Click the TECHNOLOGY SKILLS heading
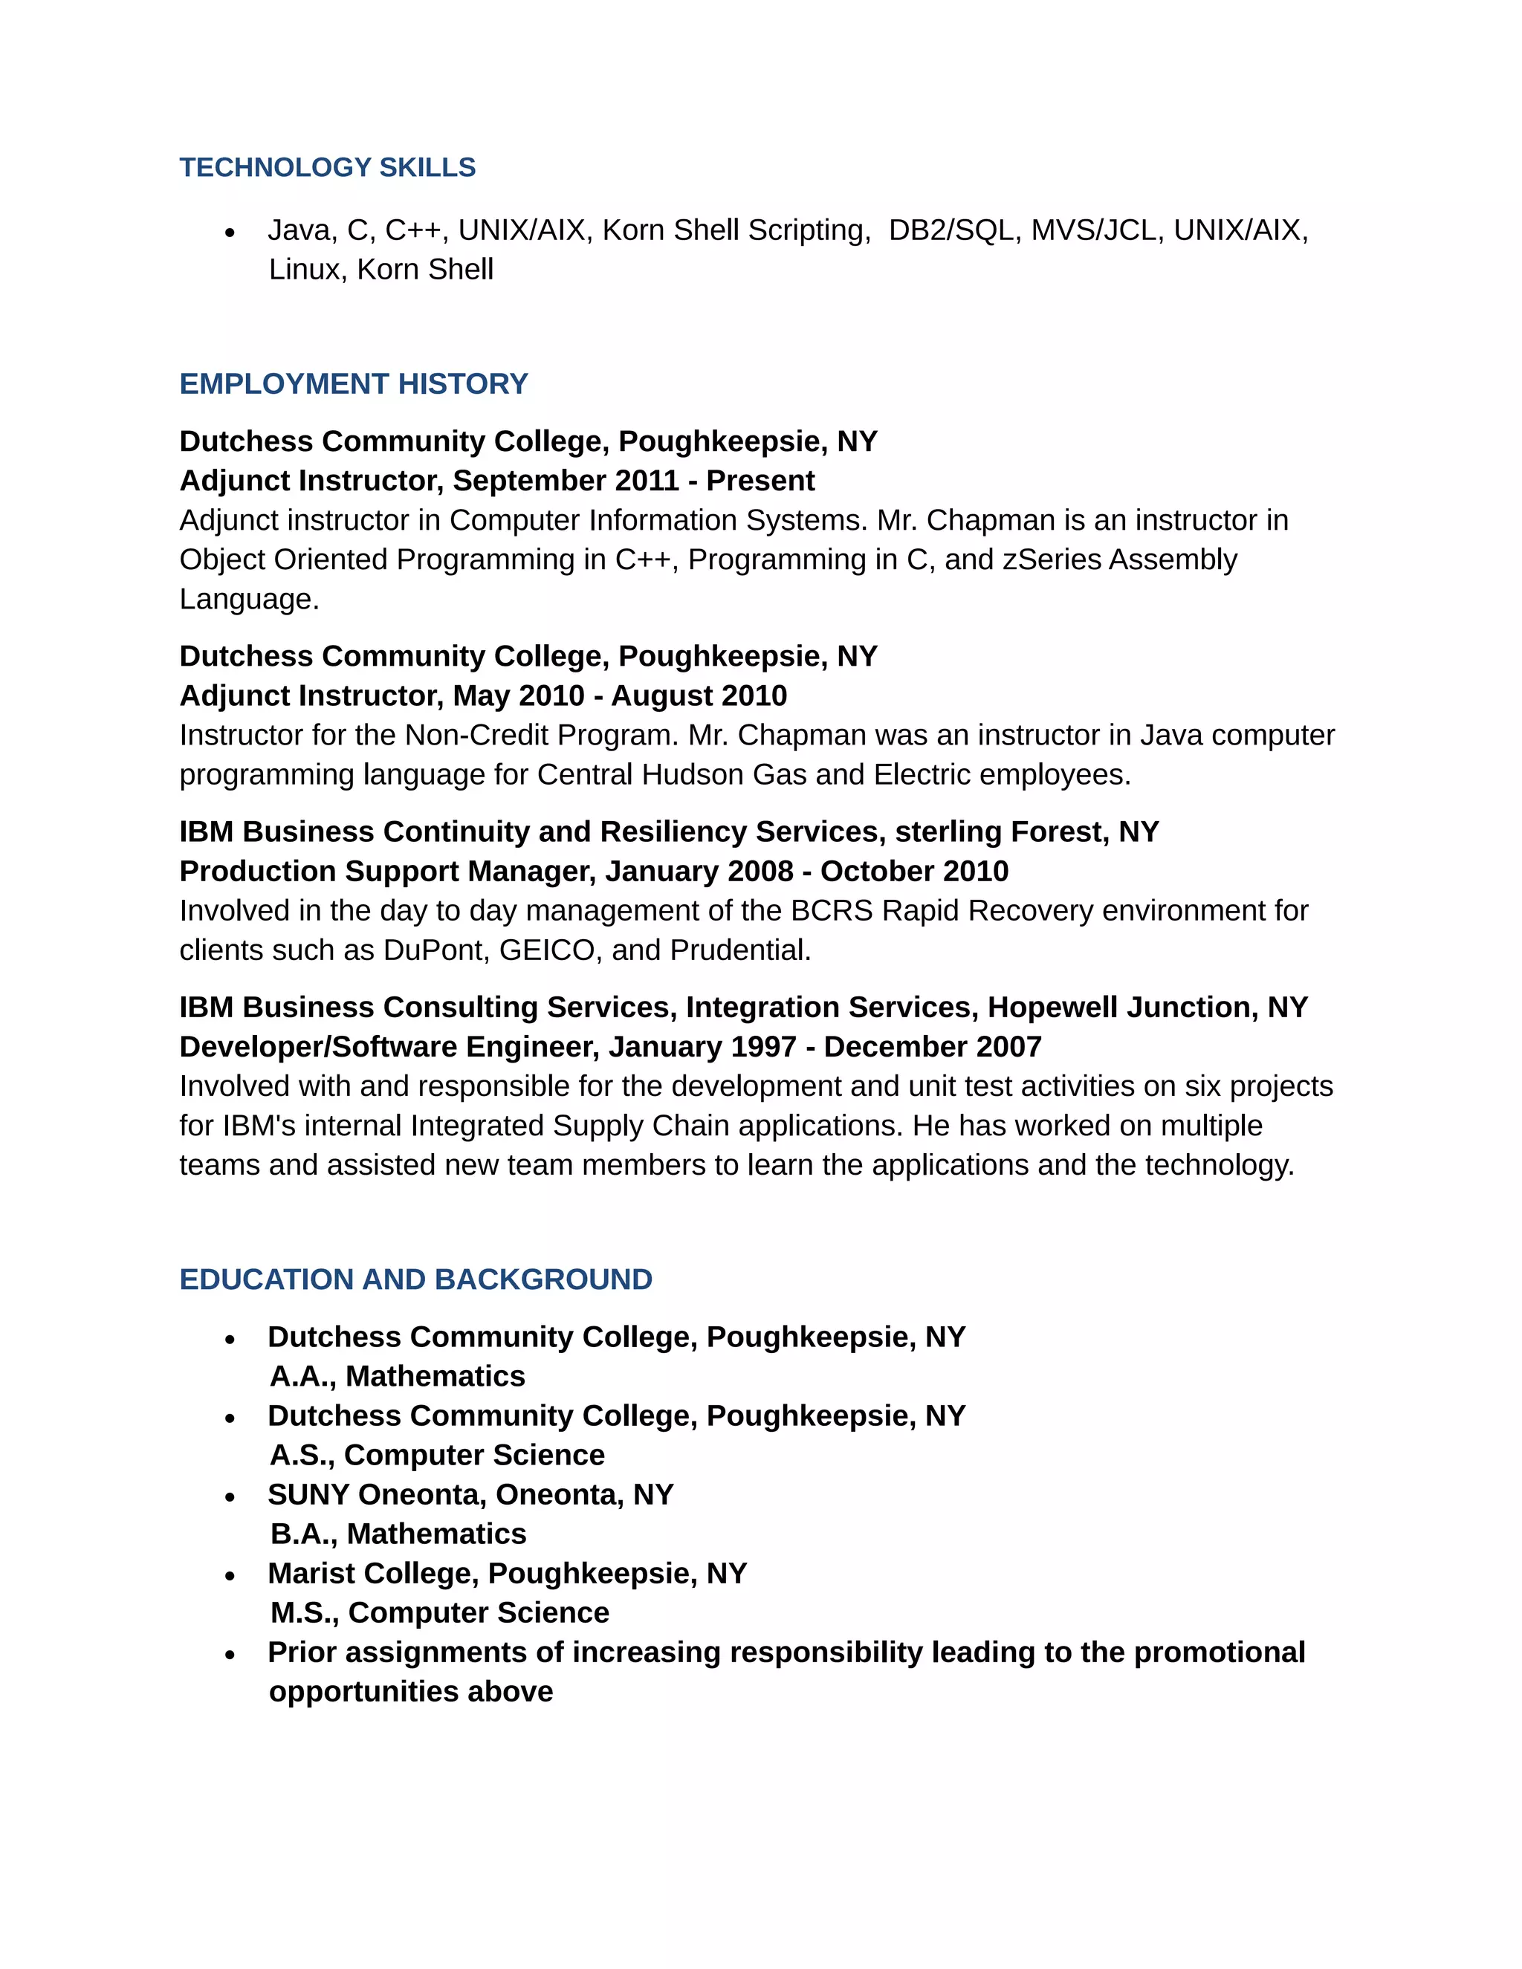point(327,168)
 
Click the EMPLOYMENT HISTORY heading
point(354,384)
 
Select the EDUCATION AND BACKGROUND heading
point(415,1279)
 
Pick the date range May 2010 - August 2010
point(620,696)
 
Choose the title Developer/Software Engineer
point(386,1047)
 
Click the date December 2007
point(933,1047)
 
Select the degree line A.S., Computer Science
point(437,1455)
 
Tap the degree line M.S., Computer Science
point(440,1613)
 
